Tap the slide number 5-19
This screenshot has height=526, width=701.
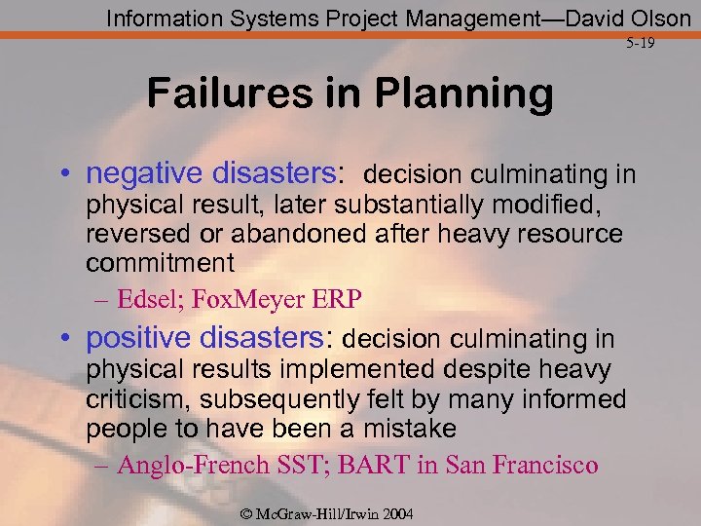pos(641,44)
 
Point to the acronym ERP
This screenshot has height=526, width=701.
pos(342,299)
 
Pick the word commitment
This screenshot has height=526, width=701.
pos(160,263)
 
